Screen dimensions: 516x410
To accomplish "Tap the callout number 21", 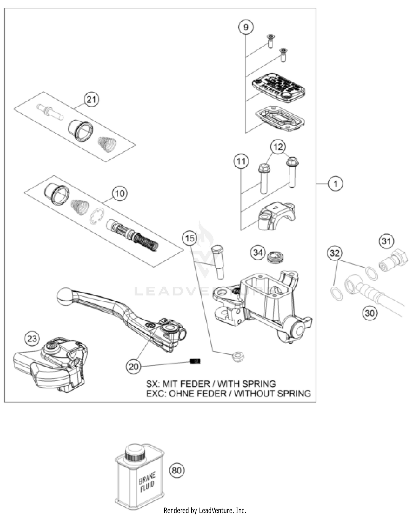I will point(91,99).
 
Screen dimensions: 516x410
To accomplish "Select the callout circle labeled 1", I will point(335,184).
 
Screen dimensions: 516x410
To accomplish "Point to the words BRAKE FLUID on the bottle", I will point(147,483).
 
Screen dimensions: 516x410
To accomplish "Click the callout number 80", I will point(177,470).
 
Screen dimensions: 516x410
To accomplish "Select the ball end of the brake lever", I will point(65,296).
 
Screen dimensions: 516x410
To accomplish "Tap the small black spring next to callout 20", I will point(195,361).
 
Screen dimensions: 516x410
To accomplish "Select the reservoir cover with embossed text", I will point(279,88).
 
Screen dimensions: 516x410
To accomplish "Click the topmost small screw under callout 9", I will point(271,40).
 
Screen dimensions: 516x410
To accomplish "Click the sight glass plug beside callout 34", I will point(276,257).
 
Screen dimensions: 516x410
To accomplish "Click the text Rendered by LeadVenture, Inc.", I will point(205,510).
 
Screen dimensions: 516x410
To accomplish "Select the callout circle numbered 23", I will point(32,338).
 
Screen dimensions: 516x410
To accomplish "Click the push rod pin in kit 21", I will point(50,111).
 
